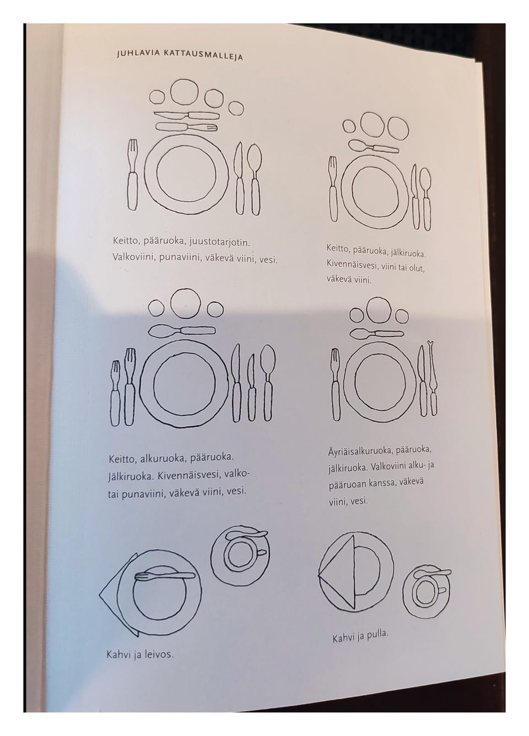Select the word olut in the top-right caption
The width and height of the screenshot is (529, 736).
[x=417, y=269]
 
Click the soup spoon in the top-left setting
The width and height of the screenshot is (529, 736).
[x=254, y=179]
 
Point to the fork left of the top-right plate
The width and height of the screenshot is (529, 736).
[x=333, y=189]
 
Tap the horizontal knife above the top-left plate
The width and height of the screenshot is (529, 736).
[x=187, y=116]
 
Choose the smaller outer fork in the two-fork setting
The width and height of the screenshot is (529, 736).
[x=115, y=393]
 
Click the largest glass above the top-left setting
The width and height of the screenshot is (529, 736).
[x=184, y=92]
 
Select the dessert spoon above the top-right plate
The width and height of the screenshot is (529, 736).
[x=374, y=146]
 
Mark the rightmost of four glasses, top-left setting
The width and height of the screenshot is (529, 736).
[x=236, y=108]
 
